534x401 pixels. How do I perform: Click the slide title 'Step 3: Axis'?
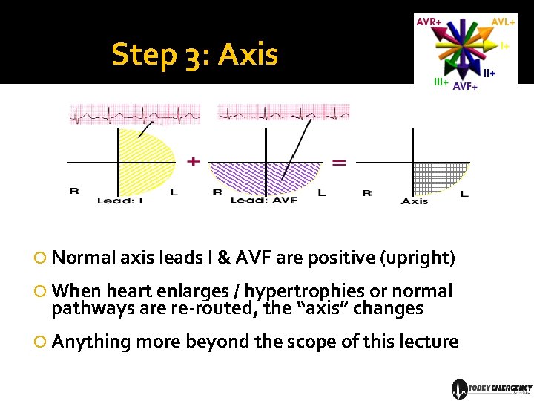tap(194, 54)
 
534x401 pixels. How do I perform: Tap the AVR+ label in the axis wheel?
tap(429, 22)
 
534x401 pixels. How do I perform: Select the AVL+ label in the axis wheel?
tap(503, 22)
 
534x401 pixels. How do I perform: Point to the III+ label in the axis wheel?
tap(441, 82)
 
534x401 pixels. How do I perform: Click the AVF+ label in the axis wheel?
tap(465, 87)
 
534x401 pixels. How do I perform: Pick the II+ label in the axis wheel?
tap(489, 73)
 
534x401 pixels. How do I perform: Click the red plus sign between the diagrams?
tap(194, 160)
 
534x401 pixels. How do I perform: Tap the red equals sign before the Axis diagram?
tap(338, 162)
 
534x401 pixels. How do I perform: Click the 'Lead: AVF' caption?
tap(263, 200)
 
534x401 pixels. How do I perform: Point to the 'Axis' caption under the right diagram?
tap(415, 201)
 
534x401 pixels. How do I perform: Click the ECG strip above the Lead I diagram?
tap(135, 114)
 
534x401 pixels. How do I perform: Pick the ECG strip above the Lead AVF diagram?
tap(282, 113)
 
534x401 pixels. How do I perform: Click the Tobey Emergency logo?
tap(492, 388)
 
